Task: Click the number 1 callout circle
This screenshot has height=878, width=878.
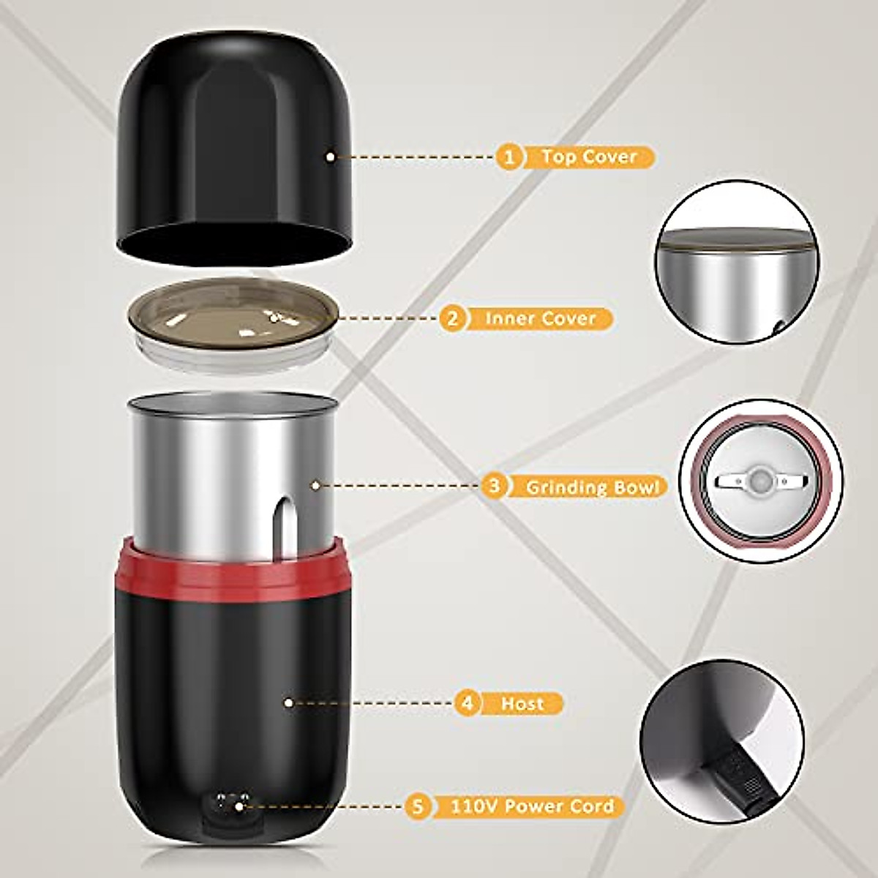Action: click(509, 157)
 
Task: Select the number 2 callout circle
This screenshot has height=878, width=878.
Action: click(452, 318)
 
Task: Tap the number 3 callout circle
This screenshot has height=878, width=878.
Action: click(495, 486)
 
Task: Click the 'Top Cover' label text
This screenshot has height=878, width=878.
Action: click(589, 157)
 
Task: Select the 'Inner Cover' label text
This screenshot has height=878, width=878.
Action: click(540, 318)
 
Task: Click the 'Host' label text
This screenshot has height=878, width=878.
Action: click(522, 704)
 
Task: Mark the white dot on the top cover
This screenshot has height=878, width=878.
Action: click(331, 156)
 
